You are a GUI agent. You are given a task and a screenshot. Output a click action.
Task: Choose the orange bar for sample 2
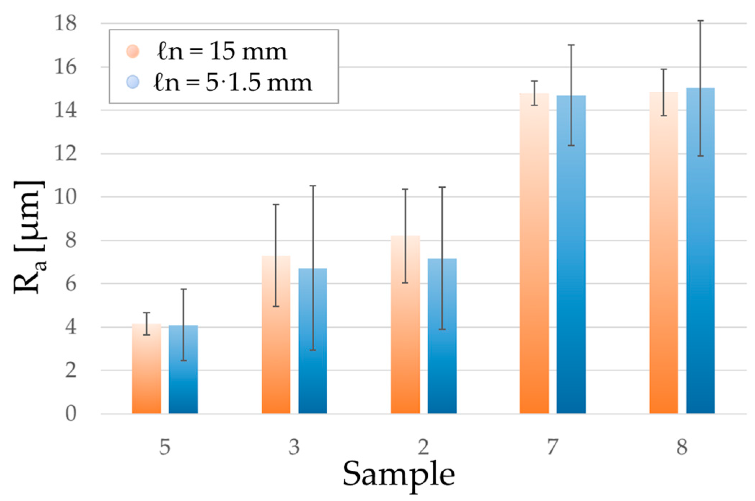point(405,324)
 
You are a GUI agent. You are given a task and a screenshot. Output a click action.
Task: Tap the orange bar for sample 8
point(664,253)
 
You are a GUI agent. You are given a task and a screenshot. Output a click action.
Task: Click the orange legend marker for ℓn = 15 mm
point(133,51)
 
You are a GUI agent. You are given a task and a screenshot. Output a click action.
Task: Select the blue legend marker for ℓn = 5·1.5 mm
point(133,82)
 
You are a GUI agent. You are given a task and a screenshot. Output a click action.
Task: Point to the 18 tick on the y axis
point(65,23)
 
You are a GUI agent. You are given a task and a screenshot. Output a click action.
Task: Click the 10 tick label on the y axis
point(65,197)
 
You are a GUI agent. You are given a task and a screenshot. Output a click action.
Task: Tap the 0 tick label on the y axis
point(71,414)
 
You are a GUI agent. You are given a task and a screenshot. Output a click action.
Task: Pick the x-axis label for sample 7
point(553,447)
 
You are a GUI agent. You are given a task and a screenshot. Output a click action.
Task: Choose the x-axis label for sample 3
point(294,447)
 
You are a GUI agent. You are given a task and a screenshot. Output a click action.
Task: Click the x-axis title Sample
point(398,474)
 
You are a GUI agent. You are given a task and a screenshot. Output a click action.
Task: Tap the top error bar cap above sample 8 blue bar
point(701,21)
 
